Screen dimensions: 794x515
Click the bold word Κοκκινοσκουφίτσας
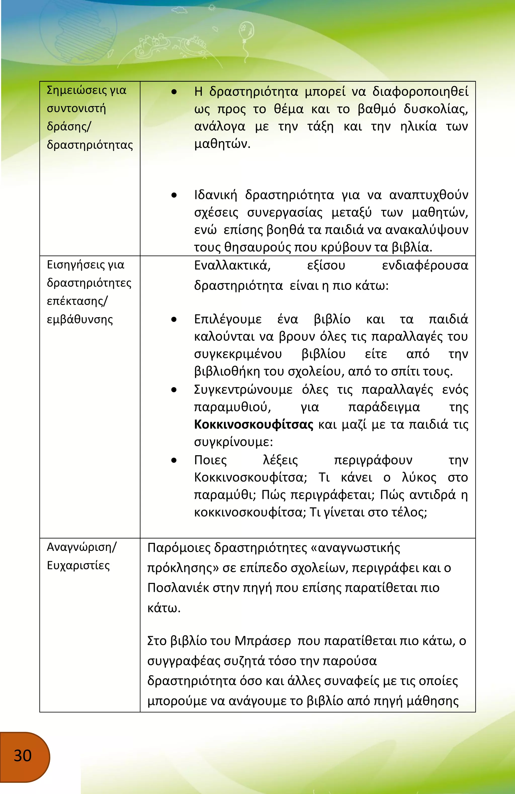pyautogui.click(x=254, y=425)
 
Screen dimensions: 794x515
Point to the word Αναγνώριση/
pyautogui.click(x=82, y=547)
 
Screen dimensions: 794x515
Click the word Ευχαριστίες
pyautogui.click(x=78, y=566)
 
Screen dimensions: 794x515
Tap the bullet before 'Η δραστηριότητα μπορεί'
pyautogui.click(x=174, y=92)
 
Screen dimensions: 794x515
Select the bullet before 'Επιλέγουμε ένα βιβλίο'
pyautogui.click(x=174, y=320)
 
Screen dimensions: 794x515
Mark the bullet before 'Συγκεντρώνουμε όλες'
pyautogui.click(x=174, y=390)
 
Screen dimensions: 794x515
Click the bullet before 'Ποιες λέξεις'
pyautogui.click(x=174, y=460)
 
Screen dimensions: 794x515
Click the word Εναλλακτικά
pyautogui.click(x=232, y=266)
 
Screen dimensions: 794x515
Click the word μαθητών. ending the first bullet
pyautogui.click(x=222, y=144)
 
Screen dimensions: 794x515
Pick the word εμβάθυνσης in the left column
pyautogui.click(x=80, y=320)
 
